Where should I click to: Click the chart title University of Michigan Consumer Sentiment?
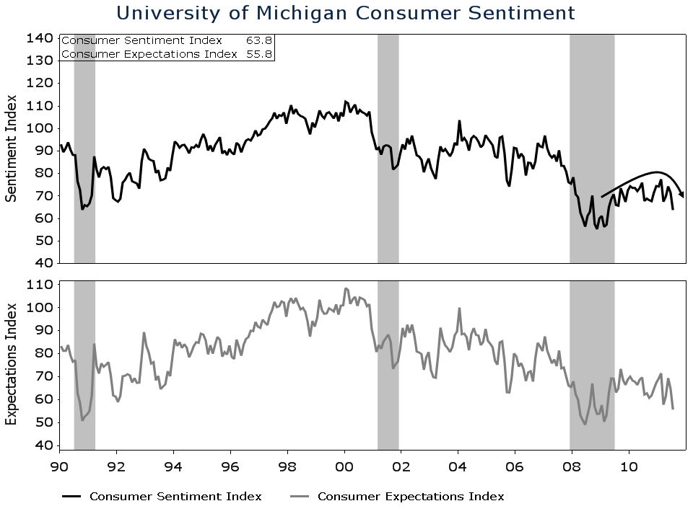(x=346, y=13)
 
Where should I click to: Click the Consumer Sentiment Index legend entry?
(x=175, y=497)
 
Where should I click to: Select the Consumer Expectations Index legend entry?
(x=411, y=497)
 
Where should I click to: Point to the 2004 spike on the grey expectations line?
(x=459, y=309)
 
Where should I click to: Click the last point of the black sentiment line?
(x=673, y=209)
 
